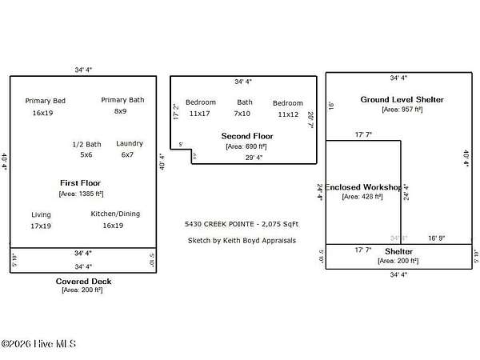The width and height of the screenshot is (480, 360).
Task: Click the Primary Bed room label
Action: coord(45,101)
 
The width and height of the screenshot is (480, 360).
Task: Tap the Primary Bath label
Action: coord(122,100)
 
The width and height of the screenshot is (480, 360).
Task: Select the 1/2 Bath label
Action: coord(86,144)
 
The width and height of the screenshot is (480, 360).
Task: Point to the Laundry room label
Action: coord(130,143)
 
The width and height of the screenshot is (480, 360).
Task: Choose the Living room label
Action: coord(41,215)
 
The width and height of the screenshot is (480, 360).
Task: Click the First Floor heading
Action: coord(81,183)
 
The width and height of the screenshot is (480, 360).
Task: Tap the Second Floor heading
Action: coord(247,136)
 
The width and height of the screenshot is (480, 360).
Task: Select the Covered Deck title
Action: coord(83,281)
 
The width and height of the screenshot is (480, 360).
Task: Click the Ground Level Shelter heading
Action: coord(402,99)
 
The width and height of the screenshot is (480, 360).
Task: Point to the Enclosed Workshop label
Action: coord(362,186)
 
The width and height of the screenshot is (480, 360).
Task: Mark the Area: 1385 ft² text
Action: coord(81,194)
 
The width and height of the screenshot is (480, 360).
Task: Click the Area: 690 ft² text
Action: coord(247,146)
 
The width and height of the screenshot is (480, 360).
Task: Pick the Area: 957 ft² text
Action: coord(402,110)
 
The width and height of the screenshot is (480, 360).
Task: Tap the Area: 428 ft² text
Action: coord(362,196)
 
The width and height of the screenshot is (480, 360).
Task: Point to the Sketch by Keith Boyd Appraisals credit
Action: coord(242,240)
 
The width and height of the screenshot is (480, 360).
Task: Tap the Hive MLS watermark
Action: coord(38,344)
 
